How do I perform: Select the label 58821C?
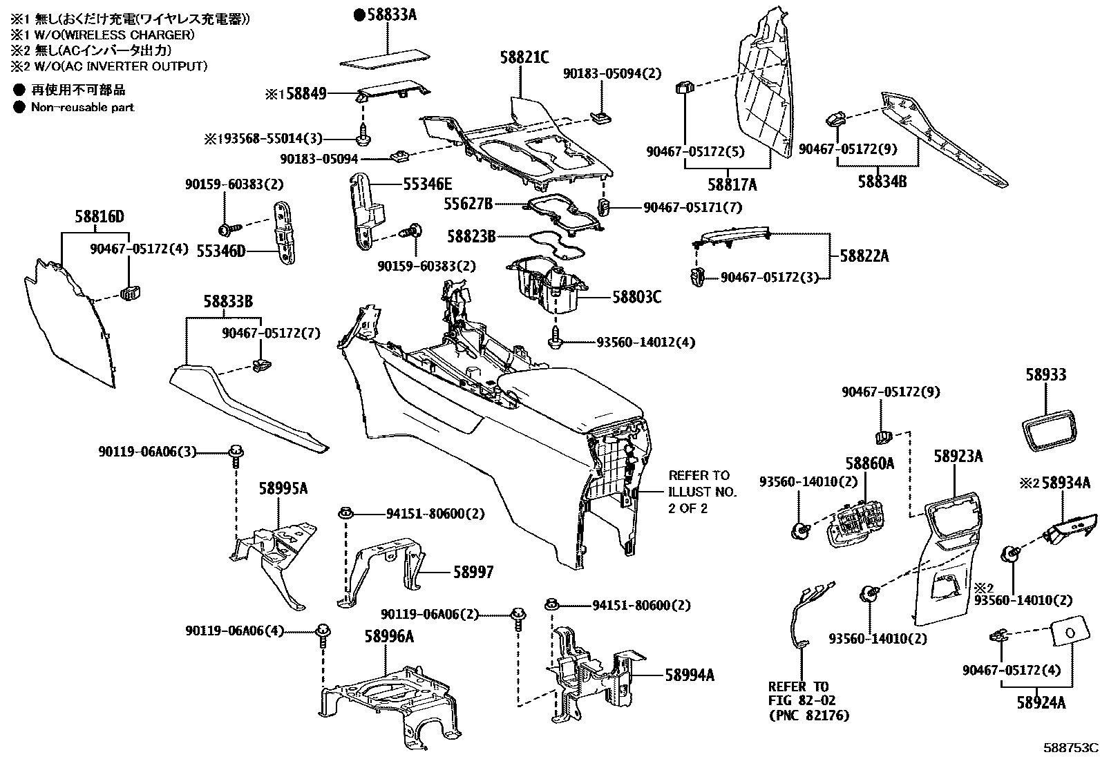click(524, 58)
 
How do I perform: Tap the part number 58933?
click(1045, 375)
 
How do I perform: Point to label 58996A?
click(389, 636)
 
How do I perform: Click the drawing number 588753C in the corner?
click(1070, 748)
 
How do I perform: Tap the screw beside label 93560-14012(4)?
click(556, 338)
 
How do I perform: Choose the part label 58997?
click(473, 573)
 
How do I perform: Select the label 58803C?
click(636, 297)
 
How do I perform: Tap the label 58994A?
click(690, 675)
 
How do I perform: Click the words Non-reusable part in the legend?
click(82, 107)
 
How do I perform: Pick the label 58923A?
click(958, 457)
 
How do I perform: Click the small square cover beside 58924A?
click(1068, 632)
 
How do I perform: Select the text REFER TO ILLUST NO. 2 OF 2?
click(701, 492)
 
